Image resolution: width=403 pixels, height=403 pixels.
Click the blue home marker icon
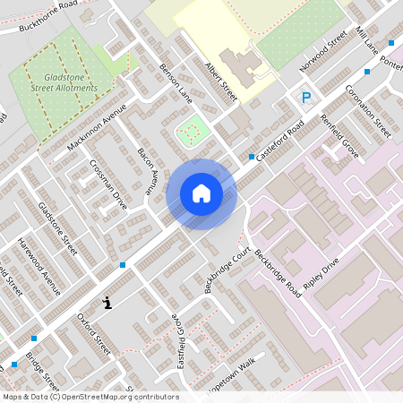click(x=201, y=193)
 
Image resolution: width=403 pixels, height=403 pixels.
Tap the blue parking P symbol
click(x=305, y=98)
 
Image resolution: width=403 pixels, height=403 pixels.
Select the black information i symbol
click(x=108, y=303)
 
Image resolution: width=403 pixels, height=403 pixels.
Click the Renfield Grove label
click(x=340, y=137)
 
